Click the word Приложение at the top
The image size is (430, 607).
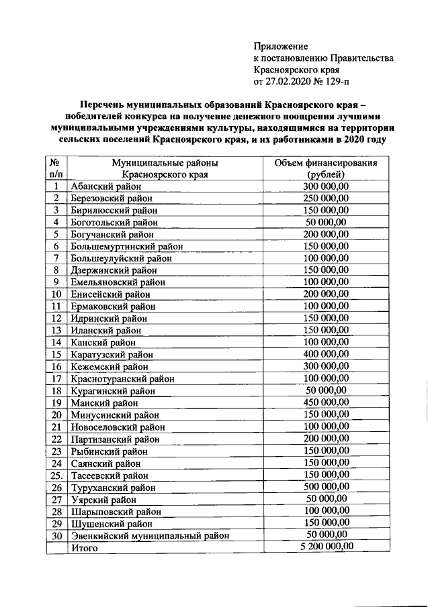[281, 46]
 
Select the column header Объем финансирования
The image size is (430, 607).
[326, 163]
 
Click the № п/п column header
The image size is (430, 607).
[57, 168]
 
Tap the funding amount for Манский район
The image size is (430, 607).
[326, 402]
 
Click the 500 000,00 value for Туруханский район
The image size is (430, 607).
[326, 486]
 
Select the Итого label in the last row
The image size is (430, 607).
[85, 547]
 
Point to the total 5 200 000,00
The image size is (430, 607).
[326, 547]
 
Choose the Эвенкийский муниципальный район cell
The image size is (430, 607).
[150, 535]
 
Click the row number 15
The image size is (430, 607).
[57, 354]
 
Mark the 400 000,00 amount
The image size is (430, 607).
[326, 354]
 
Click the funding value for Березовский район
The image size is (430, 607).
[326, 199]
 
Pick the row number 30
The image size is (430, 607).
[57, 535]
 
